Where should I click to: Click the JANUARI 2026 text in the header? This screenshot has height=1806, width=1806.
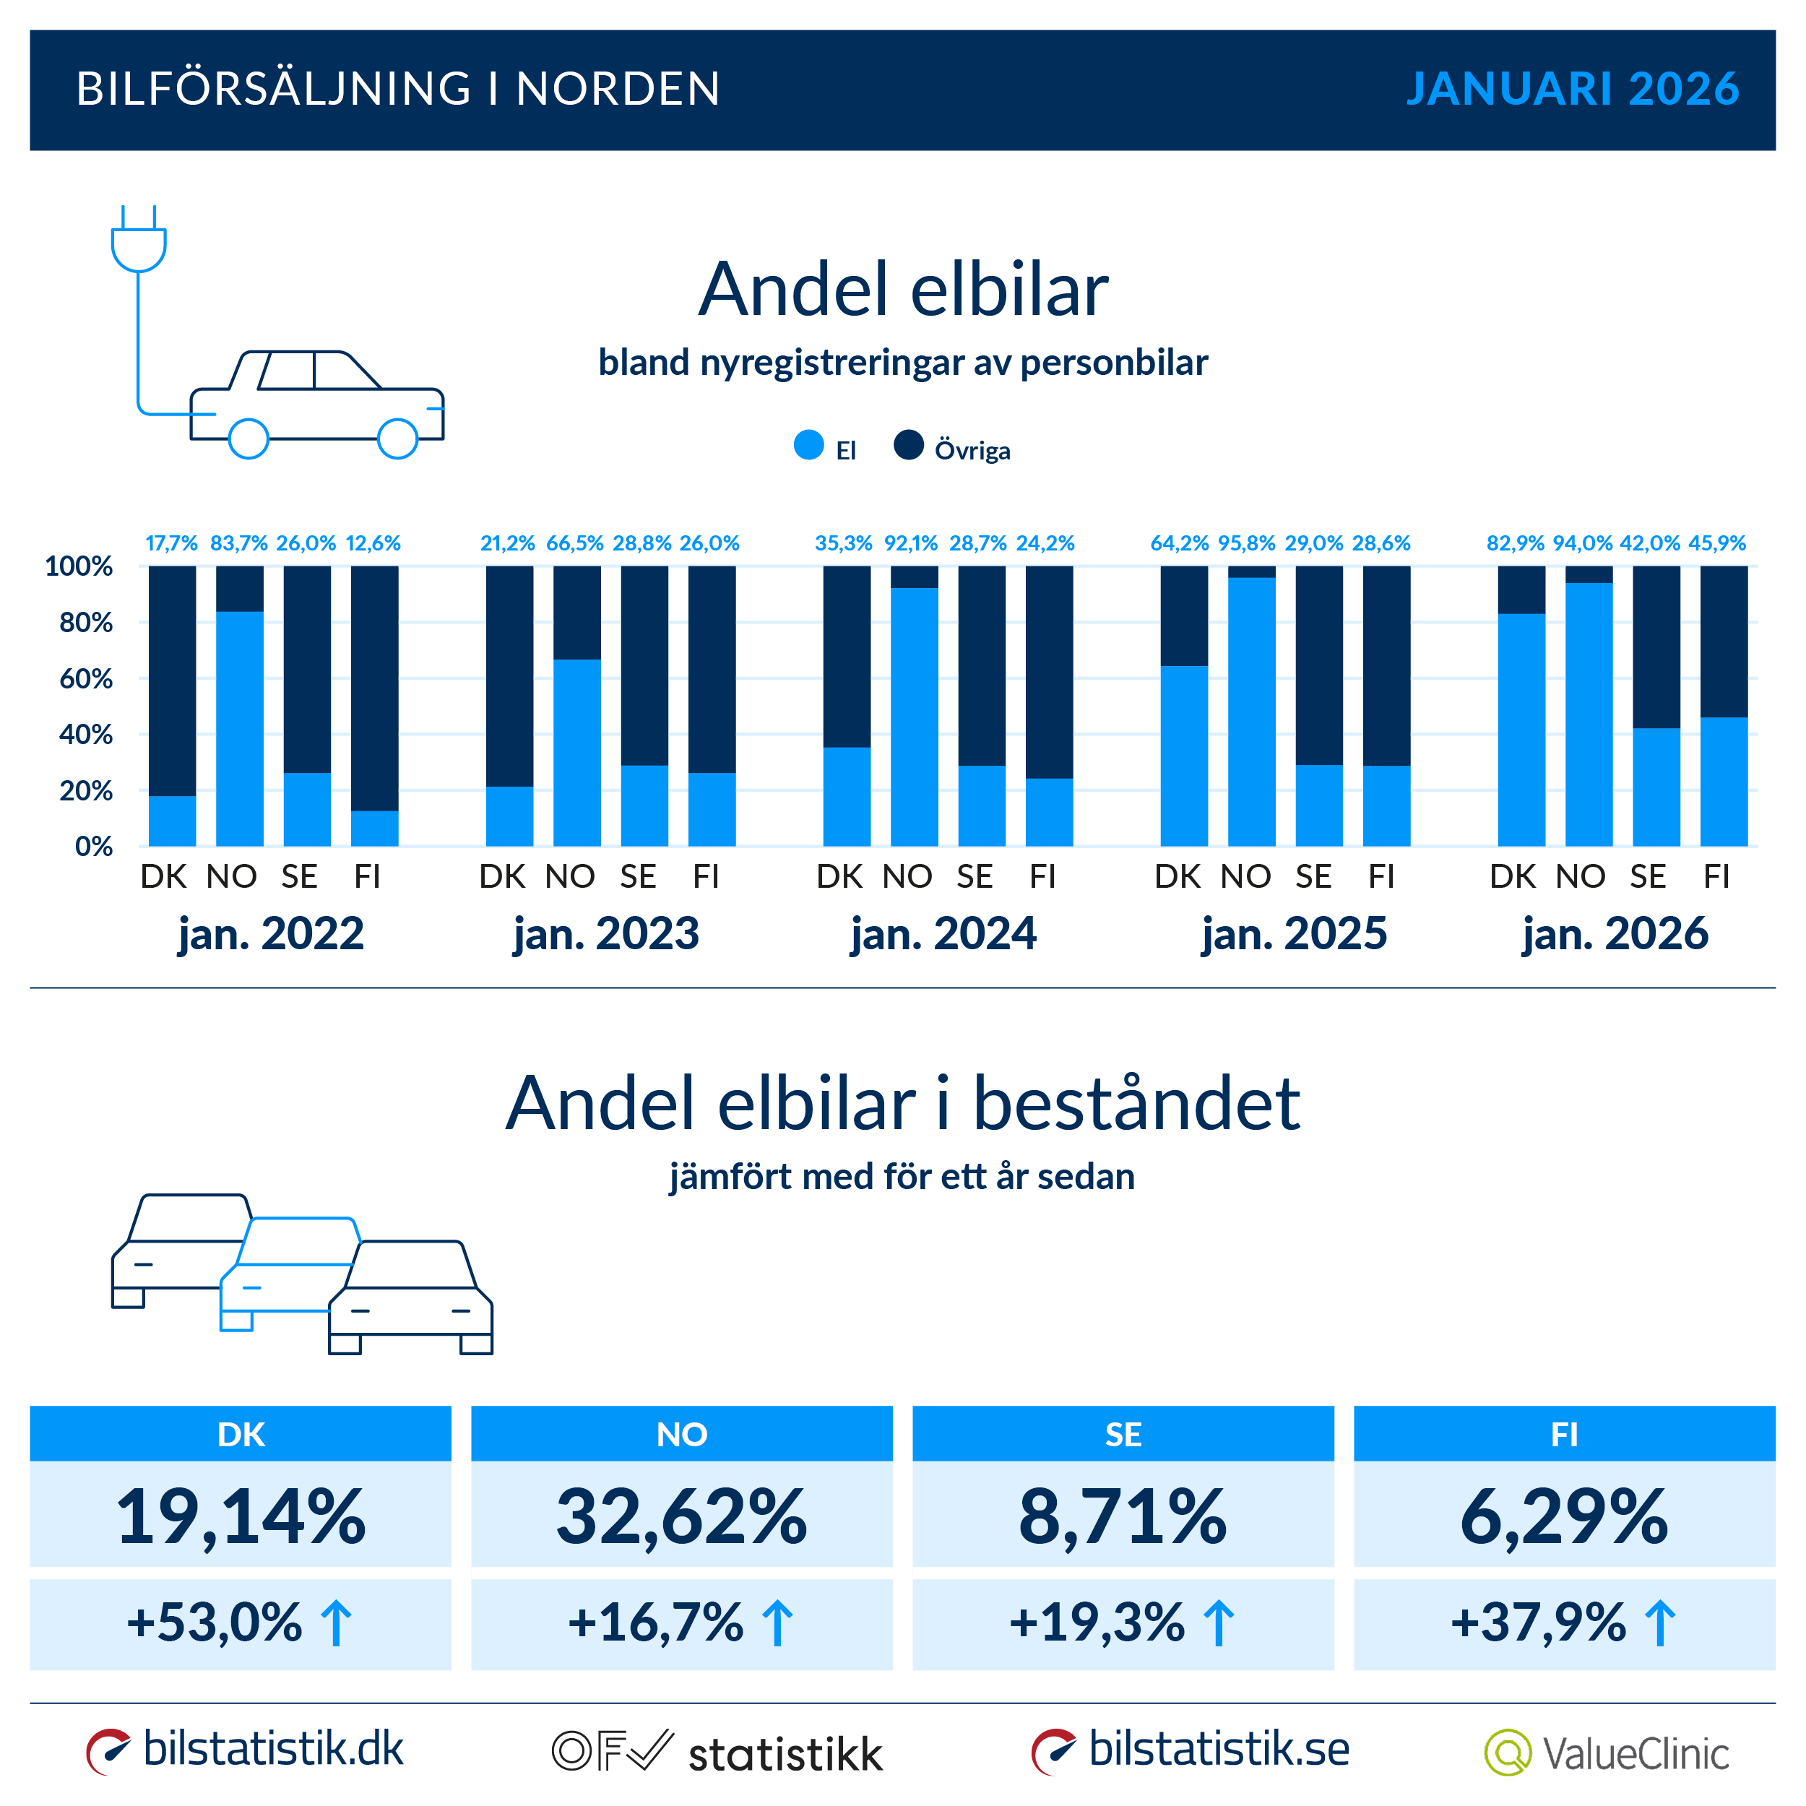1573,89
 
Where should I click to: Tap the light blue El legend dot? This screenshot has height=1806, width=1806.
808,445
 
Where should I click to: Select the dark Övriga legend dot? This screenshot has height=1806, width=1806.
909,445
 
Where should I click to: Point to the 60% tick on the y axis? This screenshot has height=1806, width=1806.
86,678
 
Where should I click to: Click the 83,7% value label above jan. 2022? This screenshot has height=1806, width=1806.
238,543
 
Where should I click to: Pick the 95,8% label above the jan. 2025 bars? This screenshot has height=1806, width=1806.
1246,543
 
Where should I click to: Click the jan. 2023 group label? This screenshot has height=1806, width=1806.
606,934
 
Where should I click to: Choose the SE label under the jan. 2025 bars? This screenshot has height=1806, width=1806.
1313,877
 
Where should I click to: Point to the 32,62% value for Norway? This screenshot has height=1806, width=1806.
681,1517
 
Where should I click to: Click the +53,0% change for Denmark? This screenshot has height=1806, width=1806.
215,1623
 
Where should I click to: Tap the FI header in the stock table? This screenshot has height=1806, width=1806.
1564,1434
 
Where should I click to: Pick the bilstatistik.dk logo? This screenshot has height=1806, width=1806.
245,1750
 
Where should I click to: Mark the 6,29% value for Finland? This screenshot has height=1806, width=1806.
1564,1517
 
